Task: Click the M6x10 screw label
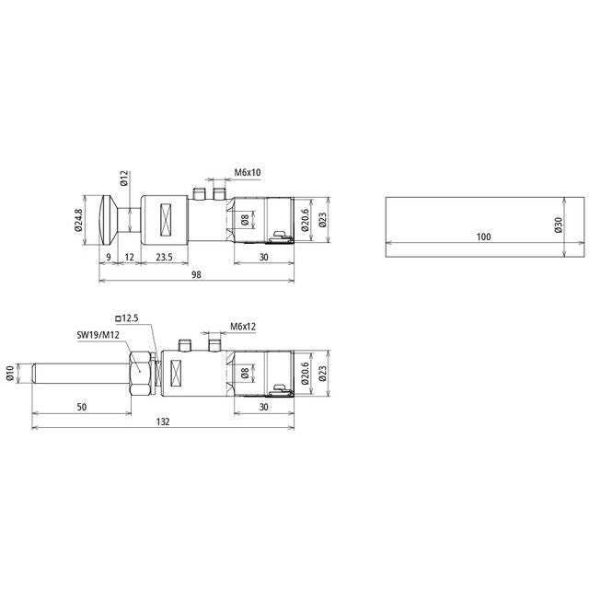pos(248,172)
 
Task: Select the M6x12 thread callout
pos(243,326)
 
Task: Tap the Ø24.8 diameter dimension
pos(78,220)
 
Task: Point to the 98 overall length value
pos(196,275)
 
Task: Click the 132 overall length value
pos(163,422)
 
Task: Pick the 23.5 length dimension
pos(164,258)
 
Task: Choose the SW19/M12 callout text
pos(98,335)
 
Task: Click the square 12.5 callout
pos(127,318)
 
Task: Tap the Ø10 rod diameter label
pos(10,373)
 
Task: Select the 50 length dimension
pos(82,407)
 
